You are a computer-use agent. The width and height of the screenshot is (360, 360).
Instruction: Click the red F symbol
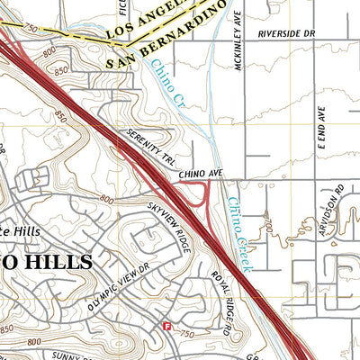[x=166, y=326]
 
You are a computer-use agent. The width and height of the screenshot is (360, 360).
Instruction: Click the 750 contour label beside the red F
[x=187, y=333]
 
